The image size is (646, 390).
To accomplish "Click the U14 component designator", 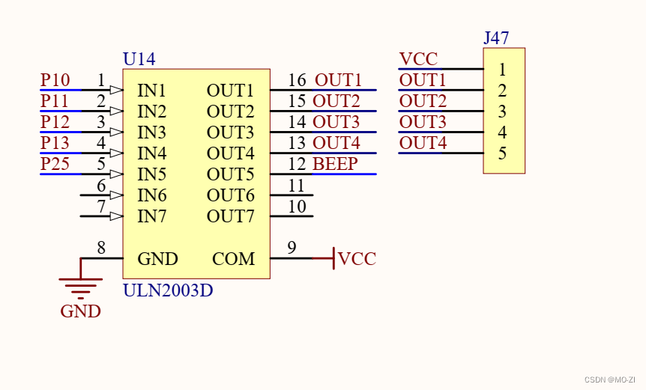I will [x=139, y=59].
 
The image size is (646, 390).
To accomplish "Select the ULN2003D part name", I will [x=167, y=290].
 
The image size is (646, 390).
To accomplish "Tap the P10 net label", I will [x=55, y=80].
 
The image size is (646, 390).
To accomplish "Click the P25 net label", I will [x=55, y=164].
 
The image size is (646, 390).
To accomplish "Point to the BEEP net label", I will [x=335, y=164].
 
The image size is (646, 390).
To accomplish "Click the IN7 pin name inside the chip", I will [x=151, y=217].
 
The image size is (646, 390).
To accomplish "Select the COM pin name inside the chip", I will [x=233, y=259].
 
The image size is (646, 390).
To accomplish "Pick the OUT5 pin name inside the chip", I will [x=230, y=175].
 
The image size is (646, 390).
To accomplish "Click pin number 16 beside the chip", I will [x=297, y=80].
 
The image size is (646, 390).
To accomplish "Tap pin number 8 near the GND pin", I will [x=101, y=248].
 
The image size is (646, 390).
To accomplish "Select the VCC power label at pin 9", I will [x=357, y=259].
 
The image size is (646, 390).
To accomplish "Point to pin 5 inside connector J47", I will [x=502, y=153].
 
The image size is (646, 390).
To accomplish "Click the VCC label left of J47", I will [x=418, y=59].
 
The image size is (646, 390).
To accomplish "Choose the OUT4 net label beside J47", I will [x=423, y=143].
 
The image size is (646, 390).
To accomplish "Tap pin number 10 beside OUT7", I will [x=297, y=206].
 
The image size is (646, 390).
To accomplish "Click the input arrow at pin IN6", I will [x=116, y=195].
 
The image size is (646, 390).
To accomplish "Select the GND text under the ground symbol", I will [x=80, y=311].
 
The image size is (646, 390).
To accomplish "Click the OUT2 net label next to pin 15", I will [x=336, y=101].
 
